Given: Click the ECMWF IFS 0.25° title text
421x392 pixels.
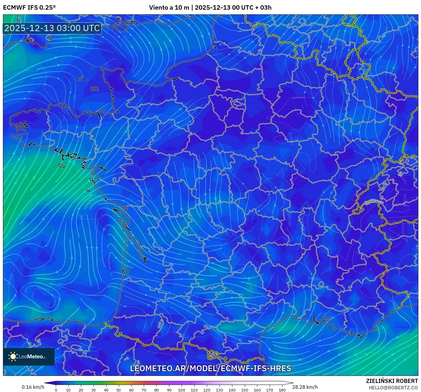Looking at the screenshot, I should (x=29, y=8).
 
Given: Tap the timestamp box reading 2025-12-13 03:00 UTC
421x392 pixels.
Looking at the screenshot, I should (x=52, y=28).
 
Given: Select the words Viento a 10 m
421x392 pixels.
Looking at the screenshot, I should (x=169, y=8).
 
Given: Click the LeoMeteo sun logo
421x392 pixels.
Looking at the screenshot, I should (x=13, y=357).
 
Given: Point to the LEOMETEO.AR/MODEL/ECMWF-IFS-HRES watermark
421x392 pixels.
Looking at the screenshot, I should (x=210, y=369).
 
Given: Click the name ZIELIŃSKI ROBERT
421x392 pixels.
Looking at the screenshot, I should (x=392, y=381).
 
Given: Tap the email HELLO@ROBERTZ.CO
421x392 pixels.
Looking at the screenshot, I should (x=393, y=388).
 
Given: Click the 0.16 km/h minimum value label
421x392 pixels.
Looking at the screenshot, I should (x=33, y=387).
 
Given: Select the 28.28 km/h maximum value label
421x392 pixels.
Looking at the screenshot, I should (x=305, y=387).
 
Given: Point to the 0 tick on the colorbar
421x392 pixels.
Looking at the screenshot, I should (x=56, y=390).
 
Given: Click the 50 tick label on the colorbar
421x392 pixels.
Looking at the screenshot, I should (x=119, y=390).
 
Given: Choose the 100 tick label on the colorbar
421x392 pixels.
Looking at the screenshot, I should (x=182, y=390).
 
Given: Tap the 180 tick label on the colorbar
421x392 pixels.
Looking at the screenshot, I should (x=282, y=390).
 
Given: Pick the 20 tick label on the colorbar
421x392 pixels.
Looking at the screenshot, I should (x=81, y=390).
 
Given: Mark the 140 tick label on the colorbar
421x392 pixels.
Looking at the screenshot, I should (x=232, y=390).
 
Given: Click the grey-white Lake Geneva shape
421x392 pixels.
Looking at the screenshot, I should (x=373, y=201).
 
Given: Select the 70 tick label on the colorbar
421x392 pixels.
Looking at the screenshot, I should (x=144, y=390).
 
